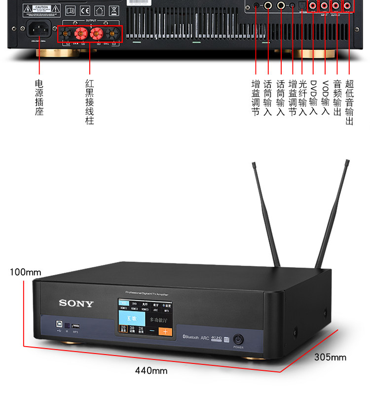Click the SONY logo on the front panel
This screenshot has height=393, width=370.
76,303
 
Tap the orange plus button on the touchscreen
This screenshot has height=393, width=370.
165,331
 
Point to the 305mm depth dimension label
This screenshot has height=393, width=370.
330,357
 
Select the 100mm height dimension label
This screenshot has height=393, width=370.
26,272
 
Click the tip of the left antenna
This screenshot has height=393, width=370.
254,164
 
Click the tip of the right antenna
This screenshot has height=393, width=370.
347,161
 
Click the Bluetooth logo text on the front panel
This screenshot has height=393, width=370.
190,338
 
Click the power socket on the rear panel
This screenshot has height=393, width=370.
39,31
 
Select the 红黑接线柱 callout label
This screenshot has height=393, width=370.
89,102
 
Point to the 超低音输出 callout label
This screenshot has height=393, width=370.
350,102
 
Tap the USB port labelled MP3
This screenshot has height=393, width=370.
75,326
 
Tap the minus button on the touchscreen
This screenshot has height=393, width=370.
152,331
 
